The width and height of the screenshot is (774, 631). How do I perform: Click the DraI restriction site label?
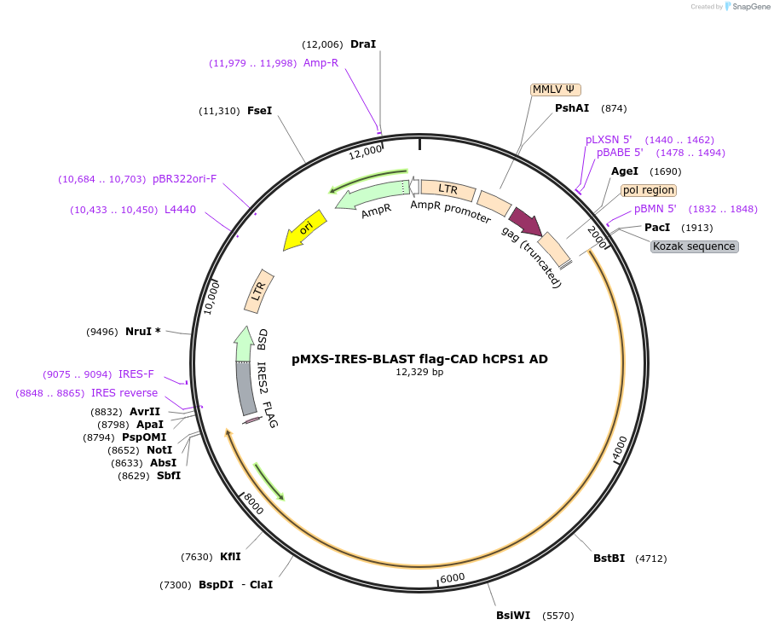click(x=363, y=43)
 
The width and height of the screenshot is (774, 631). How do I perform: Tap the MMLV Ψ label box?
click(x=556, y=90)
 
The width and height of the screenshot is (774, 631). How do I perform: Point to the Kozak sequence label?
click(x=694, y=246)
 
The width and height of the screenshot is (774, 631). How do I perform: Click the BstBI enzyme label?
click(x=609, y=559)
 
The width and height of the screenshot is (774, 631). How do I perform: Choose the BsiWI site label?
click(x=513, y=614)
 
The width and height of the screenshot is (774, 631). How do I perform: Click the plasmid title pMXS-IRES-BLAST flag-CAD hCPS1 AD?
click(x=419, y=359)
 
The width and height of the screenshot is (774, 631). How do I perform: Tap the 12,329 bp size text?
click(x=419, y=372)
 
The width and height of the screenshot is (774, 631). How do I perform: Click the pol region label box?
click(x=648, y=190)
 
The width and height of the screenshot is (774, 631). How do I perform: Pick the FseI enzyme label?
click(x=259, y=111)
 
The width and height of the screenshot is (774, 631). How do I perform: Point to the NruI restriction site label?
click(x=143, y=331)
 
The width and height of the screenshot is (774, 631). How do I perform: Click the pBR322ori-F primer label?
click(x=184, y=179)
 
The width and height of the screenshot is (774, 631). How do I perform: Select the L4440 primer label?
click(x=180, y=209)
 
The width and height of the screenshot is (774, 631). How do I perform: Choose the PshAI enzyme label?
click(x=572, y=108)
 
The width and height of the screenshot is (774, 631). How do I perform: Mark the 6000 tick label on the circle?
click(x=453, y=577)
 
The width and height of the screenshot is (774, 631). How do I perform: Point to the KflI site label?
click(x=230, y=557)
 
